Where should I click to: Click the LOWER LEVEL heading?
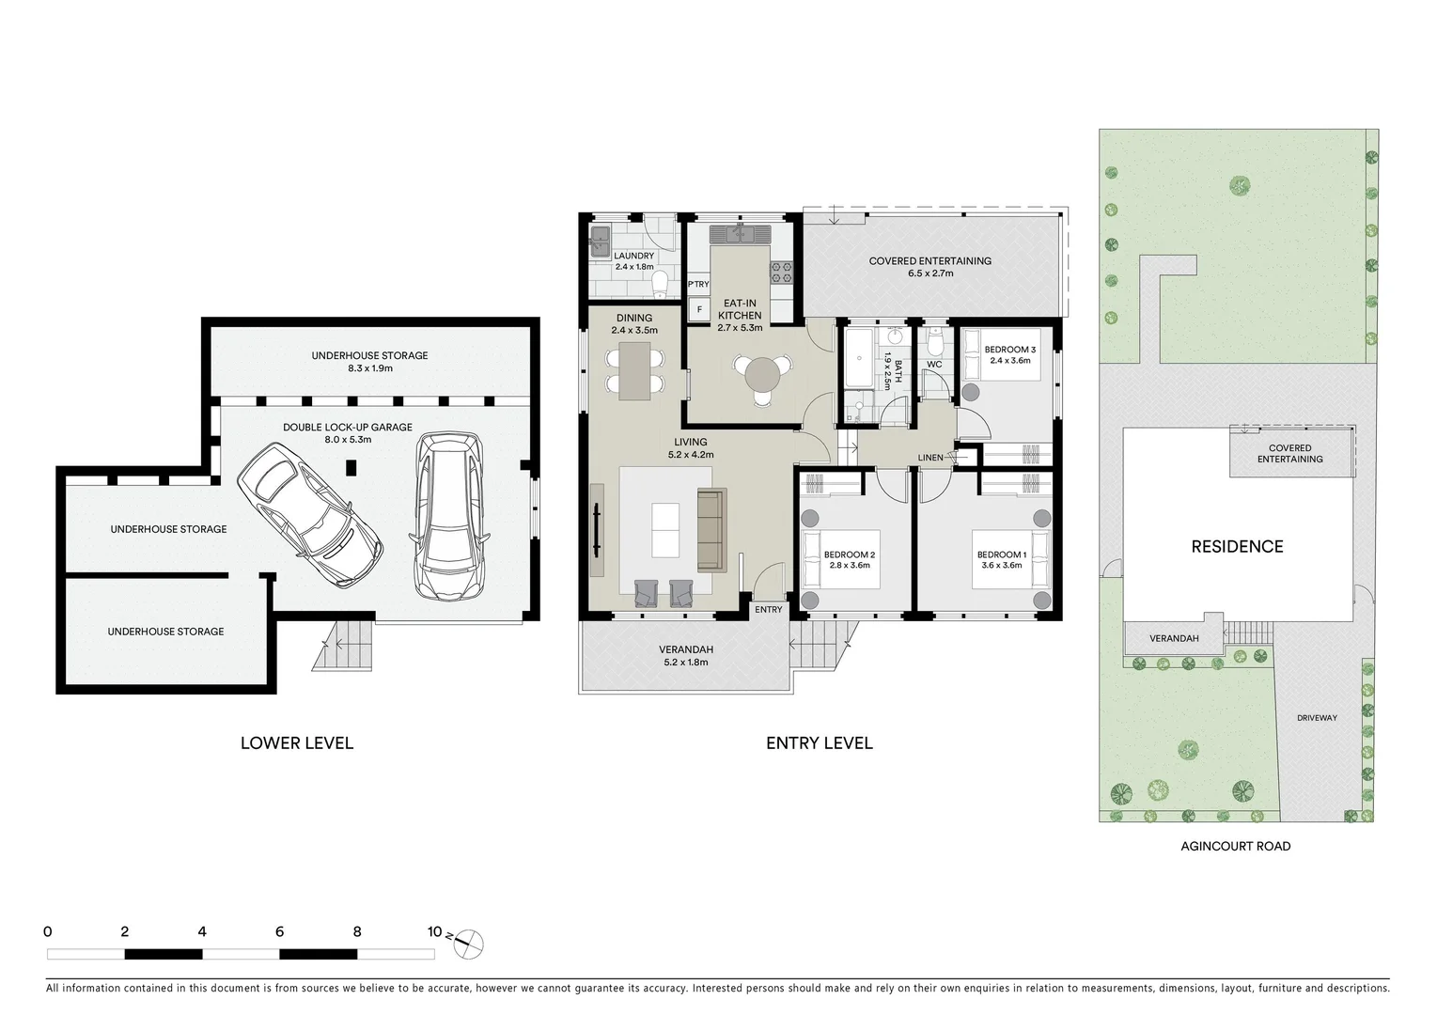tap(297, 743)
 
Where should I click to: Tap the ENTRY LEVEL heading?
tap(819, 743)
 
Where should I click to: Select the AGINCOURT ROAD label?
tap(1235, 846)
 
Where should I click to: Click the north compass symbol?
tap(468, 944)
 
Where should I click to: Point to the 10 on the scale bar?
tap(434, 932)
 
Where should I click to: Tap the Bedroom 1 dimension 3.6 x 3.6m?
tap(1001, 566)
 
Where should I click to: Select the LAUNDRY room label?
tap(633, 256)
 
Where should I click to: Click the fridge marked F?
tap(697, 308)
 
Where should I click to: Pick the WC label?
tap(934, 365)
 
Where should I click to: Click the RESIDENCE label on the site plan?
tap(1237, 547)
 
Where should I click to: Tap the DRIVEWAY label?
tap(1317, 718)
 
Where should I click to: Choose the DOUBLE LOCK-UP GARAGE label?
tap(348, 427)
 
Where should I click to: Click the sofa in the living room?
tap(711, 530)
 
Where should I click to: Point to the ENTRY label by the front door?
tap(768, 610)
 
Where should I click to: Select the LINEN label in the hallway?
tap(930, 458)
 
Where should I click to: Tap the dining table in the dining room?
tap(634, 369)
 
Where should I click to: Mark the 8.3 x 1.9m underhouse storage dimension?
tap(369, 368)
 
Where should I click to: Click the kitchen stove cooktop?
tap(782, 273)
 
